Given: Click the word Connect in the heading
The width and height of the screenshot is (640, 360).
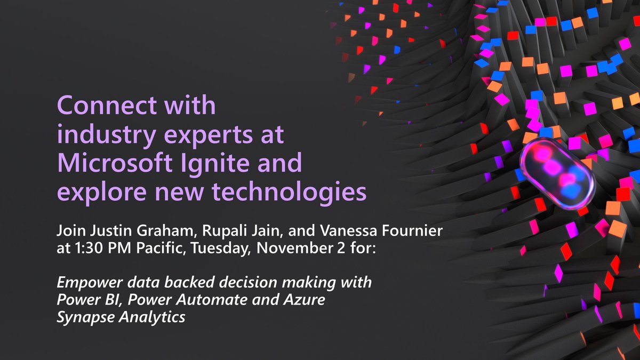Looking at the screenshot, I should [x=100, y=106].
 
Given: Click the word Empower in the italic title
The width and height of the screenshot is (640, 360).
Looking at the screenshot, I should [x=86, y=282].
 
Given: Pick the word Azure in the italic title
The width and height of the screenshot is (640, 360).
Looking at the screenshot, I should [x=308, y=299].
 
